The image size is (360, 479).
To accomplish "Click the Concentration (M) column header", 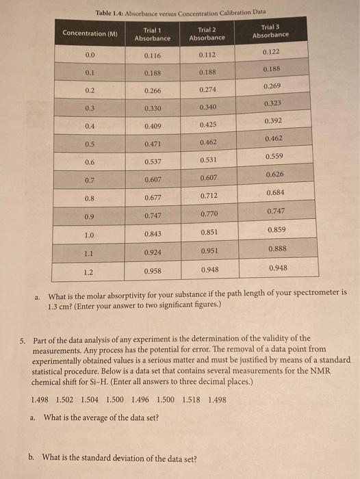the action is [x=90, y=34].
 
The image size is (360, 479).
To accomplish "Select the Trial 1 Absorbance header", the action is [x=153, y=34].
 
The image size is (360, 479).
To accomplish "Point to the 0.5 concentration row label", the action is [x=90, y=144].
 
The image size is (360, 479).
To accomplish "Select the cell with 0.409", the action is [x=153, y=126].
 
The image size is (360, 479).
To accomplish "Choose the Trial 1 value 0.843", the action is [x=153, y=235].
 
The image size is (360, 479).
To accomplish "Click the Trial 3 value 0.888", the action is [x=277, y=248].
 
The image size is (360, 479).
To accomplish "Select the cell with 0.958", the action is [x=153, y=270].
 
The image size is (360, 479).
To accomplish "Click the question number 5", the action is [x=23, y=339].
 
